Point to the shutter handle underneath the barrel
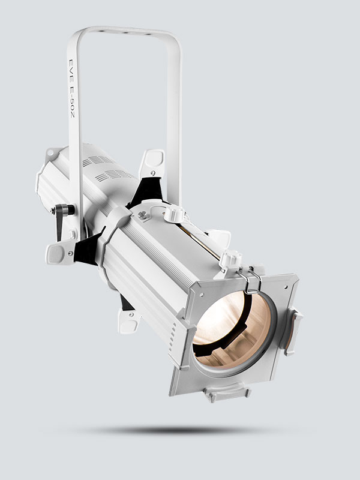point(128,321)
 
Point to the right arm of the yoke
point(175,120)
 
